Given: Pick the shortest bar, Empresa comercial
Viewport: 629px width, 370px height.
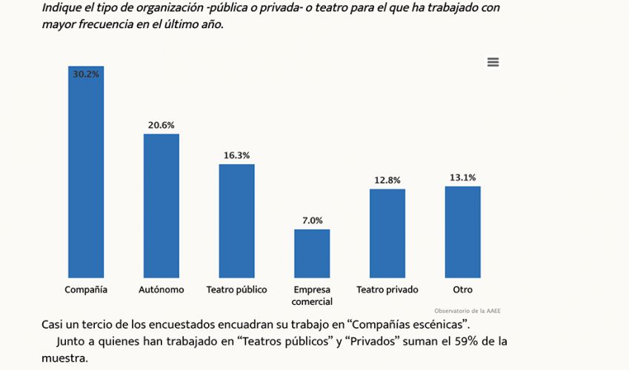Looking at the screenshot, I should click(x=312, y=253).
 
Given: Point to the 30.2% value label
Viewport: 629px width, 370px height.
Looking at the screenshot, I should click(x=86, y=74).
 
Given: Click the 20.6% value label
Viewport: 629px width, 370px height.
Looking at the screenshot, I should click(x=162, y=125).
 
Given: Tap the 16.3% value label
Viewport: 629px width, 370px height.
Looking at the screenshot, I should click(x=237, y=155).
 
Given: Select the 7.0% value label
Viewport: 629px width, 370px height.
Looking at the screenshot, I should click(x=312, y=221).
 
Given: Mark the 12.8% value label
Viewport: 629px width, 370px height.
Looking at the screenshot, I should click(x=387, y=180).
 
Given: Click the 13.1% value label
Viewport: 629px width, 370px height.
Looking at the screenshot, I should click(x=463, y=178).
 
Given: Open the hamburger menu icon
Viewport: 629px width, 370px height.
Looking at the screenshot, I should click(x=493, y=62).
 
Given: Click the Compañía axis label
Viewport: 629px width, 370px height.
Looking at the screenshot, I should click(x=86, y=289).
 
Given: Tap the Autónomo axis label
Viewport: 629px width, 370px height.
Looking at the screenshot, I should click(x=162, y=289).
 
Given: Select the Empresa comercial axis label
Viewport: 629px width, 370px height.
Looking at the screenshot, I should click(x=312, y=295).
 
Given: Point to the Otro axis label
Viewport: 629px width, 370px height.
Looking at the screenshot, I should click(x=463, y=289).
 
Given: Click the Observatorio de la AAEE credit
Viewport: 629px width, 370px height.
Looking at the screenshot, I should click(x=467, y=311).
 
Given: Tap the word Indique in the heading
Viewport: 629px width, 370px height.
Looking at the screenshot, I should click(x=63, y=7).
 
